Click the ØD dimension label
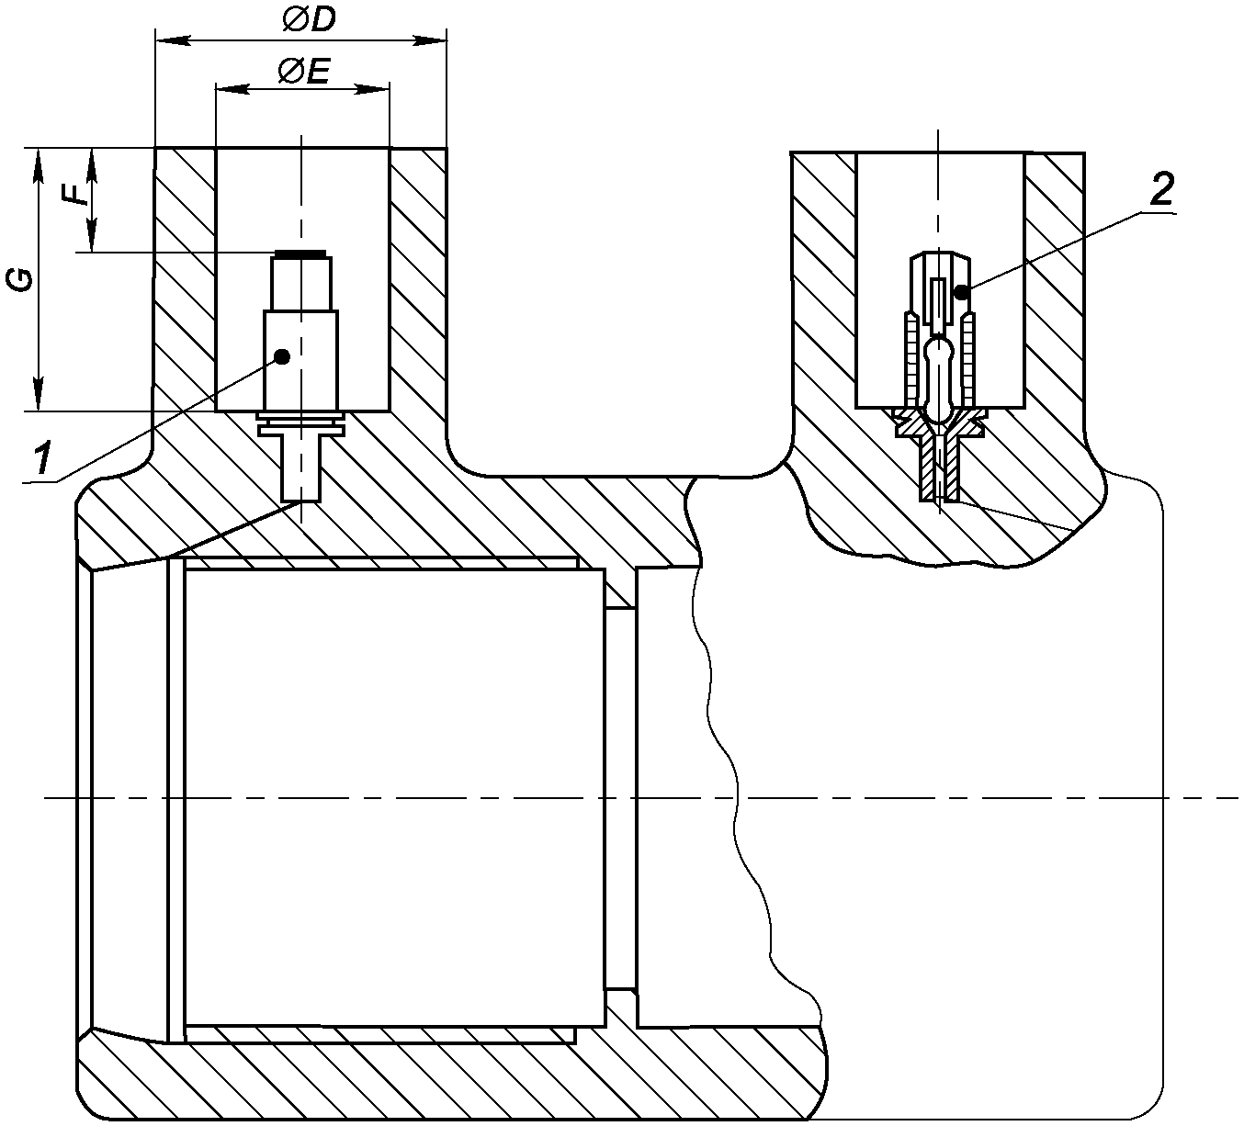pos(309,20)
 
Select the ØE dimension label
pos(303,73)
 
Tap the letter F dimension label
pos(75,195)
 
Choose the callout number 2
pos(1161,189)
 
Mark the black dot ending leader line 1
pos(282,356)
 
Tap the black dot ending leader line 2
pos(961,292)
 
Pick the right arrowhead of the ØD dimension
pos(429,41)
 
